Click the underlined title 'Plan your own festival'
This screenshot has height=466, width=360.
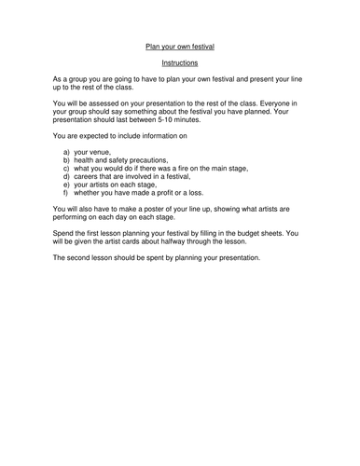(x=180, y=44)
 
